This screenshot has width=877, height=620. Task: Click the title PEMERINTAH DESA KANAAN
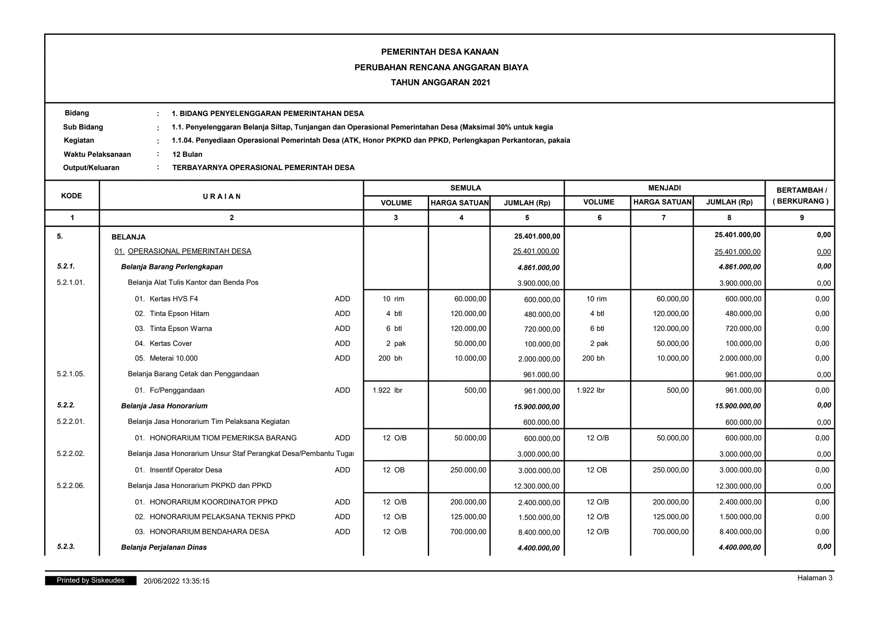[440, 52]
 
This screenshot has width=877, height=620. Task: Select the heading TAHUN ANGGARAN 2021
[440, 82]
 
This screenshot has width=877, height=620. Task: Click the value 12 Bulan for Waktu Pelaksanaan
[187, 154]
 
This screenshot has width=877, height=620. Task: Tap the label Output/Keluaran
[91, 167]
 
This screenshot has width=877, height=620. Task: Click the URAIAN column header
[222, 196]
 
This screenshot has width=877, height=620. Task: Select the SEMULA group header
[465, 188]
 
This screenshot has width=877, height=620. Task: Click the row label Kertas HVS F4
[173, 299]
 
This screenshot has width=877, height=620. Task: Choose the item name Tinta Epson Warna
[180, 328]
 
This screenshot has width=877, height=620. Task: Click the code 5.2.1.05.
[71, 374]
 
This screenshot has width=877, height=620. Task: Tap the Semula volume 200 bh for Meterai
[390, 358]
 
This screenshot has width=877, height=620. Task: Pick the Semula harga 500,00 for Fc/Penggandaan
[475, 390]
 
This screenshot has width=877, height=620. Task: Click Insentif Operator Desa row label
[185, 470]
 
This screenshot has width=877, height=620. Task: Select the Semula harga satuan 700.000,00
[468, 531]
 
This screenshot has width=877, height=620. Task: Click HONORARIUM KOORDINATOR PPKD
[213, 502]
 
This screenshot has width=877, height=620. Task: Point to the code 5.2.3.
[66, 546]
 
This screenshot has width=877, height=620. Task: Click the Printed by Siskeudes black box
[91, 580]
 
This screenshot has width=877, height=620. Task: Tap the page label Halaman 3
[814, 578]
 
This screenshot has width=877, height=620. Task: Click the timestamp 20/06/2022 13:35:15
[176, 581]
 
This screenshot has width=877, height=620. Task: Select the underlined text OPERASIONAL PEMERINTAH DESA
[189, 251]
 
